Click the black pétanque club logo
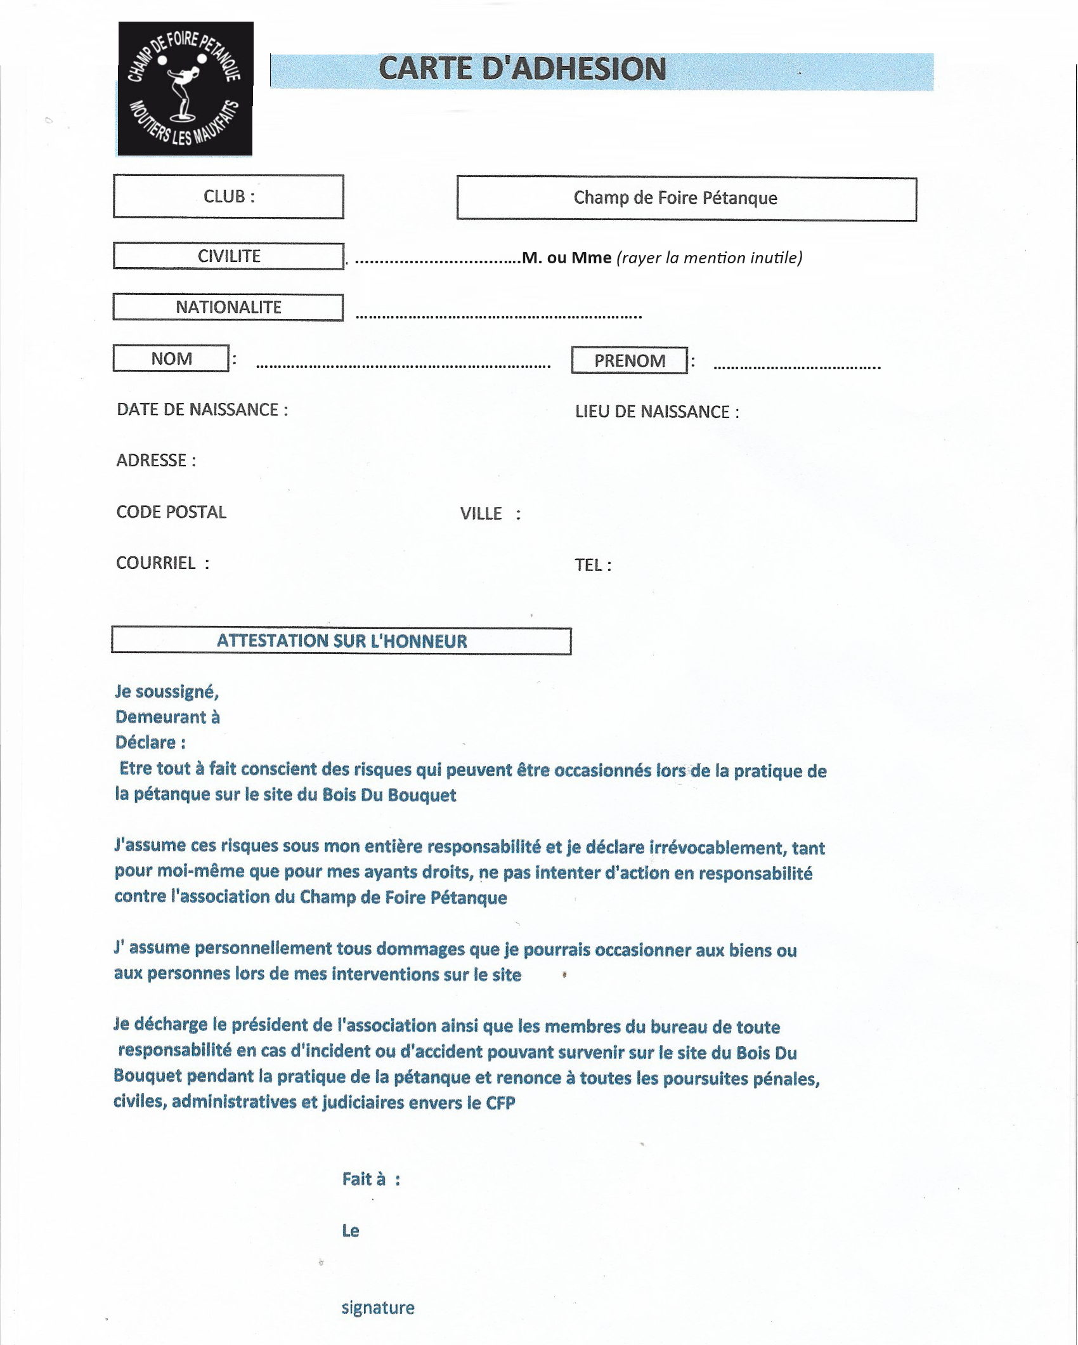(x=185, y=89)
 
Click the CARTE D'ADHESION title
(x=523, y=69)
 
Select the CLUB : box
(x=228, y=197)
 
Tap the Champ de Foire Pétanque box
(x=686, y=199)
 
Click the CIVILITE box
(x=228, y=256)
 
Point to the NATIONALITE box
(x=228, y=308)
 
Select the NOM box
(x=171, y=359)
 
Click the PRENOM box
(x=629, y=361)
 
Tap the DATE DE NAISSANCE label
(x=202, y=410)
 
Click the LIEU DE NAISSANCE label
(x=656, y=412)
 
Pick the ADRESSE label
(x=156, y=461)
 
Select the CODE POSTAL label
(x=171, y=513)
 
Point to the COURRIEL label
(x=162, y=563)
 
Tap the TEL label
(x=592, y=565)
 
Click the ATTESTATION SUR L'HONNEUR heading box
(x=341, y=641)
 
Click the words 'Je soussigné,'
(x=167, y=692)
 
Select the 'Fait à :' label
(x=371, y=1179)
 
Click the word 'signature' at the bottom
(x=378, y=1308)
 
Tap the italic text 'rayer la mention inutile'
(x=709, y=258)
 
